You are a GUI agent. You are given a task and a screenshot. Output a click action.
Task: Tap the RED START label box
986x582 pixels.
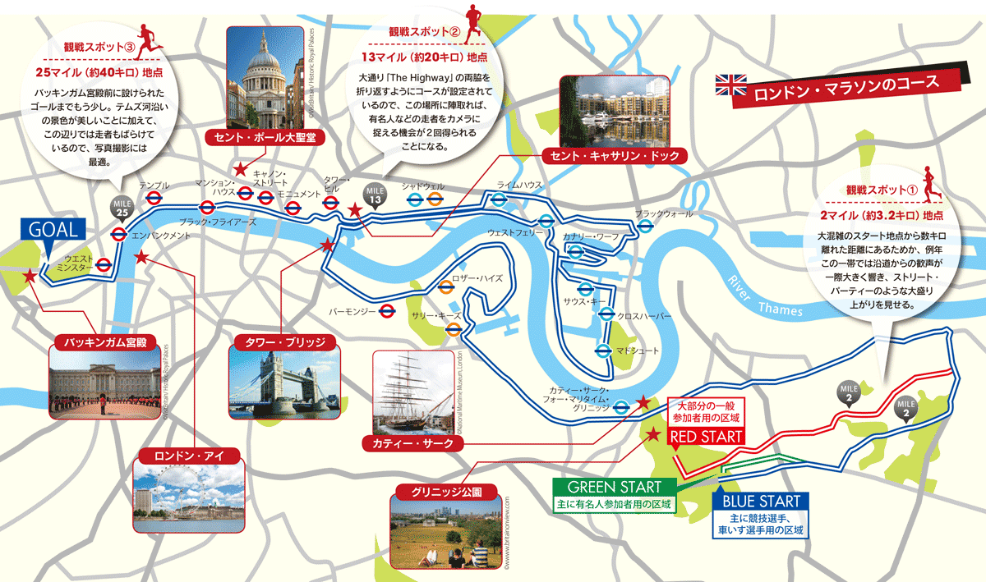pos(707,438)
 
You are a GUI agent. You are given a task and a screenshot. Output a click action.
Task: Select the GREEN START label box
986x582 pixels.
pos(615,487)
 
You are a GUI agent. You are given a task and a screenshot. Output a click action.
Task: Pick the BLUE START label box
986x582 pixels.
pos(762,501)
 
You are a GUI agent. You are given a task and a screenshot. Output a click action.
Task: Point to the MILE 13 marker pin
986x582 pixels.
pos(376,193)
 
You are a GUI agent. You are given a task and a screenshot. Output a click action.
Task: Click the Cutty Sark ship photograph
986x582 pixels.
pos(412,392)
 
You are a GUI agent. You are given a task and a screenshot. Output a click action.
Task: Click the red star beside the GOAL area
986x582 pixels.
pos(30,276)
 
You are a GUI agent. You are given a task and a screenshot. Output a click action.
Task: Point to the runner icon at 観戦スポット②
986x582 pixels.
pos(472,22)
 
